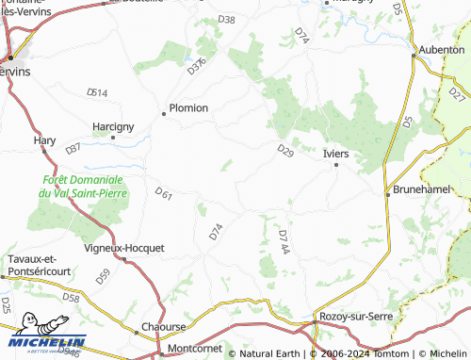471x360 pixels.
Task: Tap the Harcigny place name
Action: click(x=113, y=126)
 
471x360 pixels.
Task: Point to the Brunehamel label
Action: click(x=421, y=189)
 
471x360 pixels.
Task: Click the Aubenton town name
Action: click(x=443, y=49)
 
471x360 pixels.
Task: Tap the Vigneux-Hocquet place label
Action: click(x=124, y=249)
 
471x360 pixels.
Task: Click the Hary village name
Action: click(x=44, y=140)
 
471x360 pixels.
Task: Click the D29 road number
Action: click(x=286, y=150)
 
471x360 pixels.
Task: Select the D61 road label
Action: click(x=163, y=195)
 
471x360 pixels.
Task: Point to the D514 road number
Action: click(x=97, y=92)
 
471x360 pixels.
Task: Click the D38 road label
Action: click(x=226, y=20)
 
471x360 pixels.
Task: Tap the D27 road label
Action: click(x=458, y=94)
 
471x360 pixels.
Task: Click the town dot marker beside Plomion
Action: click(x=164, y=114)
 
